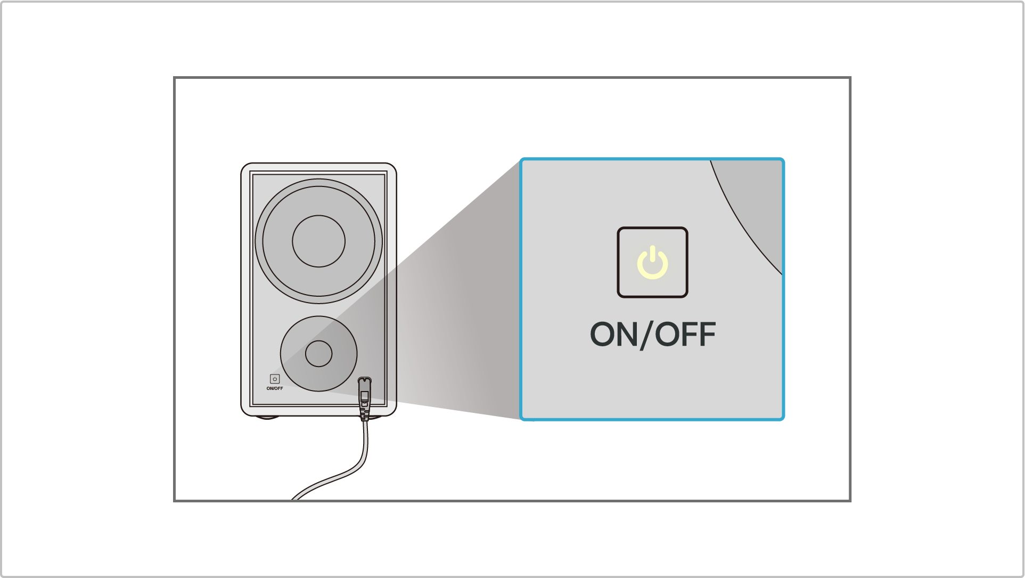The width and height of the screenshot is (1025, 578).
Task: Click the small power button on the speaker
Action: (275, 379)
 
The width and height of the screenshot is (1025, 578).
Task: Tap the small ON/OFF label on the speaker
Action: (275, 388)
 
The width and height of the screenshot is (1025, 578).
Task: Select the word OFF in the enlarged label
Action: (685, 335)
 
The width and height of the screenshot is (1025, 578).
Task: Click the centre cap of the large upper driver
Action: (318, 241)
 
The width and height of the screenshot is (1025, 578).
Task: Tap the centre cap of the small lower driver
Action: (318, 353)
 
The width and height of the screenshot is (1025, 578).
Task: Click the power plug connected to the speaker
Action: (365, 397)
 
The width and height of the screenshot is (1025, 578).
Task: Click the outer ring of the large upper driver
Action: (259, 241)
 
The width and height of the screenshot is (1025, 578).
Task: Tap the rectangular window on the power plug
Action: (365, 396)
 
